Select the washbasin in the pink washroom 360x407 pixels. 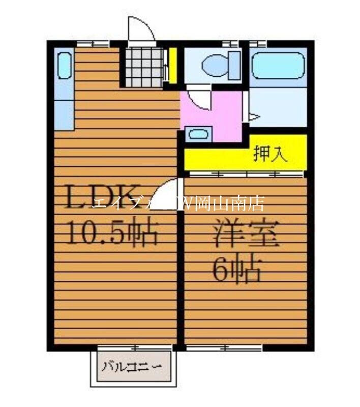[x=197, y=135]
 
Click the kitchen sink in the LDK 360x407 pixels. [x=64, y=65]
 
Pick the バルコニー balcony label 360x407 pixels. [x=132, y=366]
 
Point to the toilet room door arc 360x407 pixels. [x=198, y=99]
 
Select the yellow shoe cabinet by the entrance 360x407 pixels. [x=173, y=65]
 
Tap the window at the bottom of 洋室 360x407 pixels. [x=224, y=347]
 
